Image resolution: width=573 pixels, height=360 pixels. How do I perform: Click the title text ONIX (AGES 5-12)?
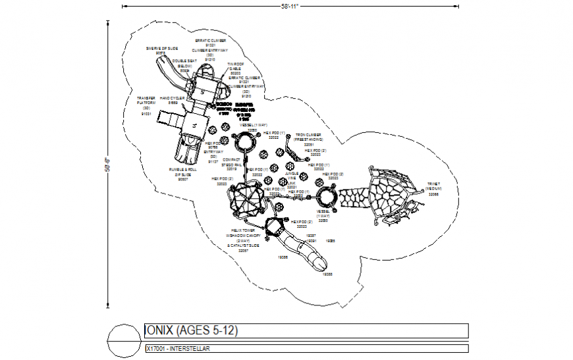(191, 330)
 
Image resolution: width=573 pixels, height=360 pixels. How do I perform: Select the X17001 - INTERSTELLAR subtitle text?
(178, 348)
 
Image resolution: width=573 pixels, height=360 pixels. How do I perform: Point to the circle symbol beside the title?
(124, 338)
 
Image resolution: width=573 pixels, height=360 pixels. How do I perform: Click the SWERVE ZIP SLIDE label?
(161, 51)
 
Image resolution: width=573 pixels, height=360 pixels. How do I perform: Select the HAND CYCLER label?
(173, 101)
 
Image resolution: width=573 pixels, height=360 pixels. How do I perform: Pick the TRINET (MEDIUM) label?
(433, 188)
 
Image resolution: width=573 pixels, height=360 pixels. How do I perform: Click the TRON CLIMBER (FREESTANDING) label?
(309, 137)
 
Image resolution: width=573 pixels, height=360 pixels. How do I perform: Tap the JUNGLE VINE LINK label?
(291, 178)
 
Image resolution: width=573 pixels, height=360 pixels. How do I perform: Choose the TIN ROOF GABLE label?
(235, 68)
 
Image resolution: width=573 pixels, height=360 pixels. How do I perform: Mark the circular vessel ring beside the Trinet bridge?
(326, 197)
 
